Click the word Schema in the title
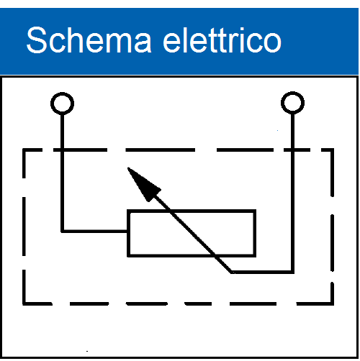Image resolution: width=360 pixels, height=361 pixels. (89, 40)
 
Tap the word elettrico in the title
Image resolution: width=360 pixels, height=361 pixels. (222, 40)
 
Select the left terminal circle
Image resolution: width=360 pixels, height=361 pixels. (62, 104)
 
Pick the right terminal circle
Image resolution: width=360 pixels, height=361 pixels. (292, 103)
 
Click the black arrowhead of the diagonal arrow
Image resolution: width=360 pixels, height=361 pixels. (143, 183)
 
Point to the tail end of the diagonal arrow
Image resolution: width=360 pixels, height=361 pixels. (232, 272)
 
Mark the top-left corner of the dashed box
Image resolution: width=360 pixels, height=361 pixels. (24, 150)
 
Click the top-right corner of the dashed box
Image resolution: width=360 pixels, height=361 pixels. (332, 150)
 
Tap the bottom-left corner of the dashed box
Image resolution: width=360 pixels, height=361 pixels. (24, 303)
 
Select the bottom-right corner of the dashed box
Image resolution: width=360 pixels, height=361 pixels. (332, 303)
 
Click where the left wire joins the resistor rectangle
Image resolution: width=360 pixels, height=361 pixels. (127, 232)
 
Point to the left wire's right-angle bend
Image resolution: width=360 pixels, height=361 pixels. (63, 232)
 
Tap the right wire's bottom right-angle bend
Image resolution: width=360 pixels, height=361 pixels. (292, 272)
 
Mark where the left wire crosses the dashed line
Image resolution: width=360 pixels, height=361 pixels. (63, 150)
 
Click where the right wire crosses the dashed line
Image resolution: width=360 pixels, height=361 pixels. (292, 150)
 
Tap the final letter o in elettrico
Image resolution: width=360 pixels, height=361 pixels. (272, 43)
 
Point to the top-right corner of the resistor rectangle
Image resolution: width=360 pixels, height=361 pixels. (255, 211)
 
